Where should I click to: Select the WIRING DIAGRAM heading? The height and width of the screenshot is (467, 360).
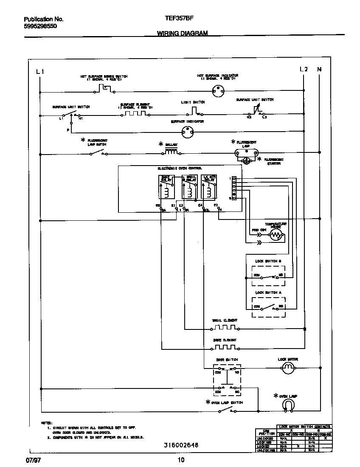pos(182,33)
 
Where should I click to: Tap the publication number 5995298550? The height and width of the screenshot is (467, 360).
pos(40,26)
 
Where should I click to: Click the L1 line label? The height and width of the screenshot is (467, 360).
pos(40,71)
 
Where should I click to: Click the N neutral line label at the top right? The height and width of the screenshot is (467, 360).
pos(319,69)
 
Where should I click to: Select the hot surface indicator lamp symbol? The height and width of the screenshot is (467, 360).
pos(218,90)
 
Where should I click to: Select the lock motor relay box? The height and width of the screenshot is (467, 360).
pos(208,187)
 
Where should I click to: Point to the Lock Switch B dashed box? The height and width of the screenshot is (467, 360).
pos(268,276)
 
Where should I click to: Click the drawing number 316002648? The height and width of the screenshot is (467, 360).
pos(181,445)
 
